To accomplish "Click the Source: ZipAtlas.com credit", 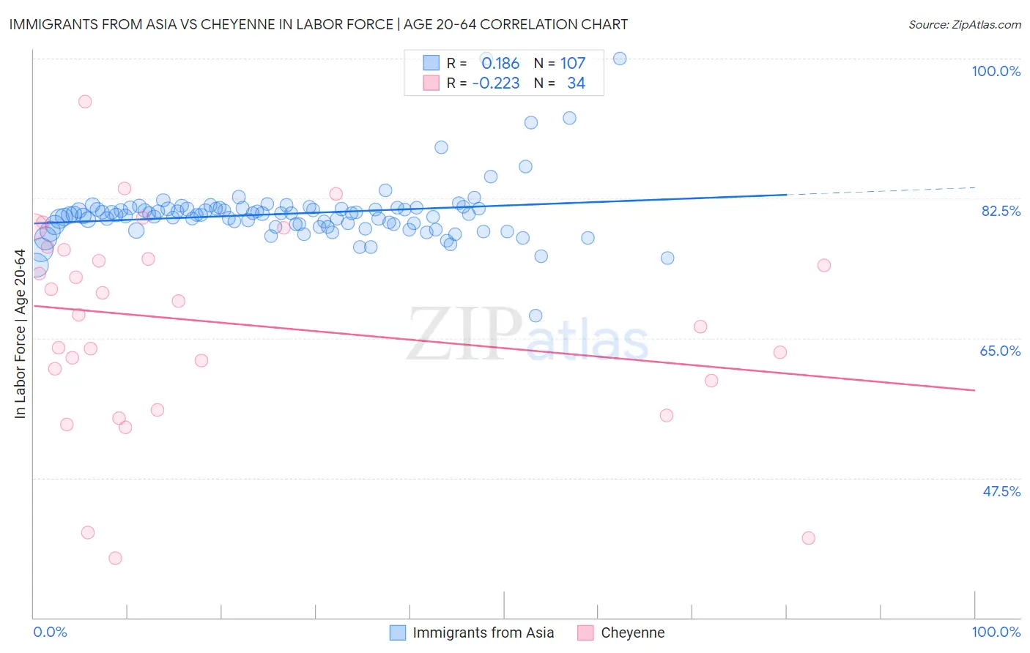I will (964, 24).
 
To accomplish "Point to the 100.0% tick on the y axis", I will (996, 71).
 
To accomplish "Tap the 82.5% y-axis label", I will (1001, 211).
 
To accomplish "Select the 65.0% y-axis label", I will (1000, 351).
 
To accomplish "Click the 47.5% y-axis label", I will (1001, 491).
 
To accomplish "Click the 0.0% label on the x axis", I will (50, 632).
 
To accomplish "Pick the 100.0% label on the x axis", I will (996, 632).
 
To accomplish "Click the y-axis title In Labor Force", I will (20, 334).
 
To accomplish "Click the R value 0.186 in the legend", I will (500, 64).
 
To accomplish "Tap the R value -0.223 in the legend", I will (496, 83).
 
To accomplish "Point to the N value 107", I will (573, 64).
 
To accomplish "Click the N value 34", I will (576, 83).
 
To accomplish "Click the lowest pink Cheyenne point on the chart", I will (115, 558).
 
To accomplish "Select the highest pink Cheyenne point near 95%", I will (85, 102).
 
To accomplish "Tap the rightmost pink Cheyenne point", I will (824, 265).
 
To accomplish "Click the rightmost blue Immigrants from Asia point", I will (667, 258).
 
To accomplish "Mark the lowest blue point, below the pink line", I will (536, 316).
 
